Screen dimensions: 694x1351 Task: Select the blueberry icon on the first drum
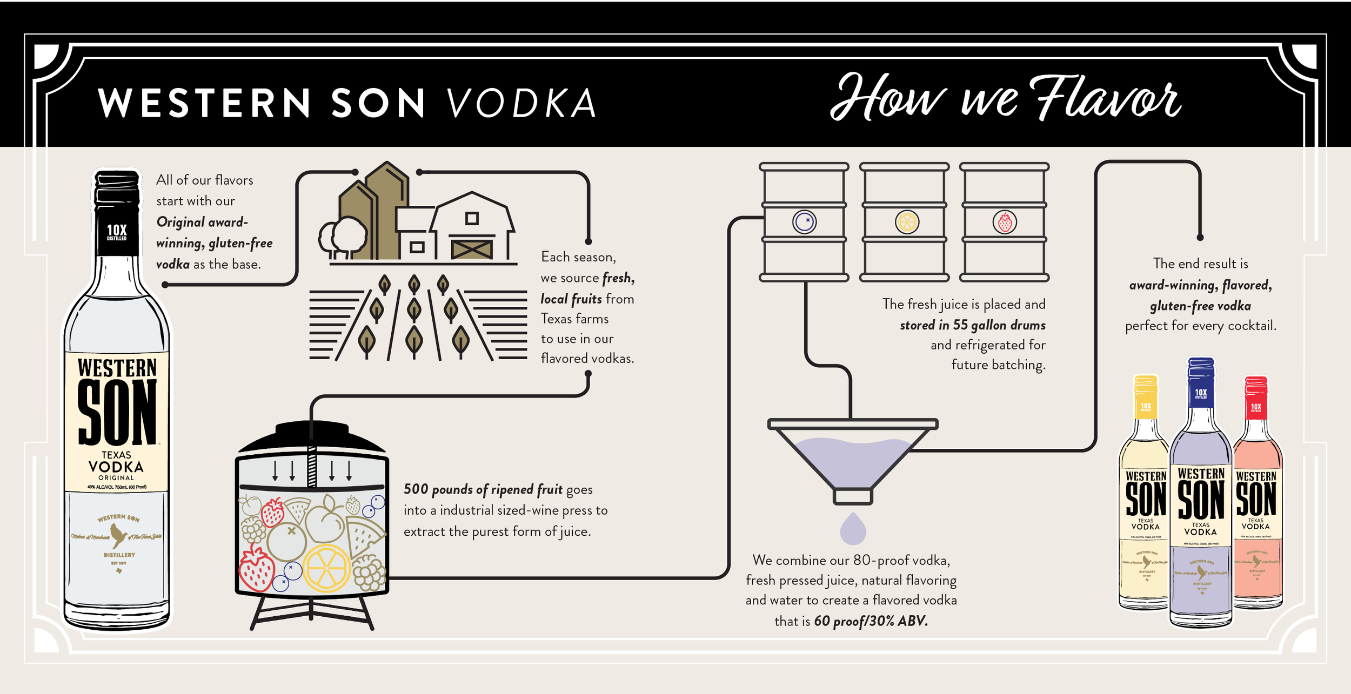pos(804,221)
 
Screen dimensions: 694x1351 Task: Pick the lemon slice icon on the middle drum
pos(906,222)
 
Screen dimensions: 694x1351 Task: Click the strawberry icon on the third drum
pos(1005,222)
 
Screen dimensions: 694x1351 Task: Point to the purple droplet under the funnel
pos(853,529)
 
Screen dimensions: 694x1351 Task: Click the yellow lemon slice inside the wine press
pos(326,568)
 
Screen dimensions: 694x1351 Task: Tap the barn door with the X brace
pos(472,249)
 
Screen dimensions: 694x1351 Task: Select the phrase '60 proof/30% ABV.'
pos(871,621)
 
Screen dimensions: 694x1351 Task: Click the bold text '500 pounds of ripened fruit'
pos(483,489)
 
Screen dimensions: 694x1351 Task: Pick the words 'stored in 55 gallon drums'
pos(972,325)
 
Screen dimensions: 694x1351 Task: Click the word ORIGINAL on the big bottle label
pos(116,478)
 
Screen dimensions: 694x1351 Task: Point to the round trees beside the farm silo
pos(344,238)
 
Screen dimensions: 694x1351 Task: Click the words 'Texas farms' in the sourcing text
pos(574,319)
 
